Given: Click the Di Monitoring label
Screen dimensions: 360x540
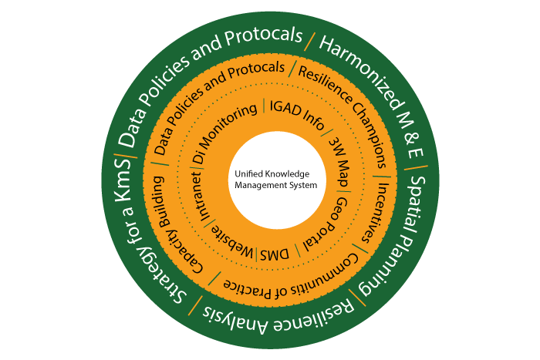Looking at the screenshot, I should (224, 134).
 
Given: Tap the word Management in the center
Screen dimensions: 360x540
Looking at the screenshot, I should (258, 186).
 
